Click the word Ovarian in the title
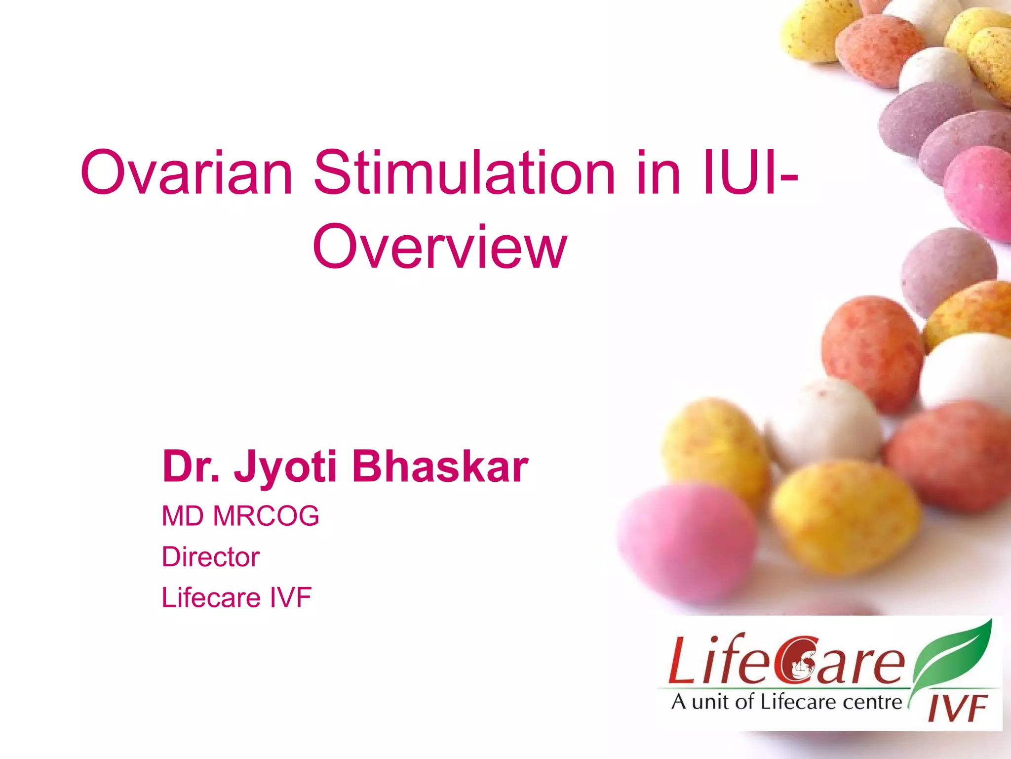(187, 173)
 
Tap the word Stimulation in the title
(464, 173)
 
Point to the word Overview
(439, 247)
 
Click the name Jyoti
(285, 467)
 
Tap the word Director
(210, 557)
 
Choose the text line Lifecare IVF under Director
(236, 597)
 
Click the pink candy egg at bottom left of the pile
(686, 541)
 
